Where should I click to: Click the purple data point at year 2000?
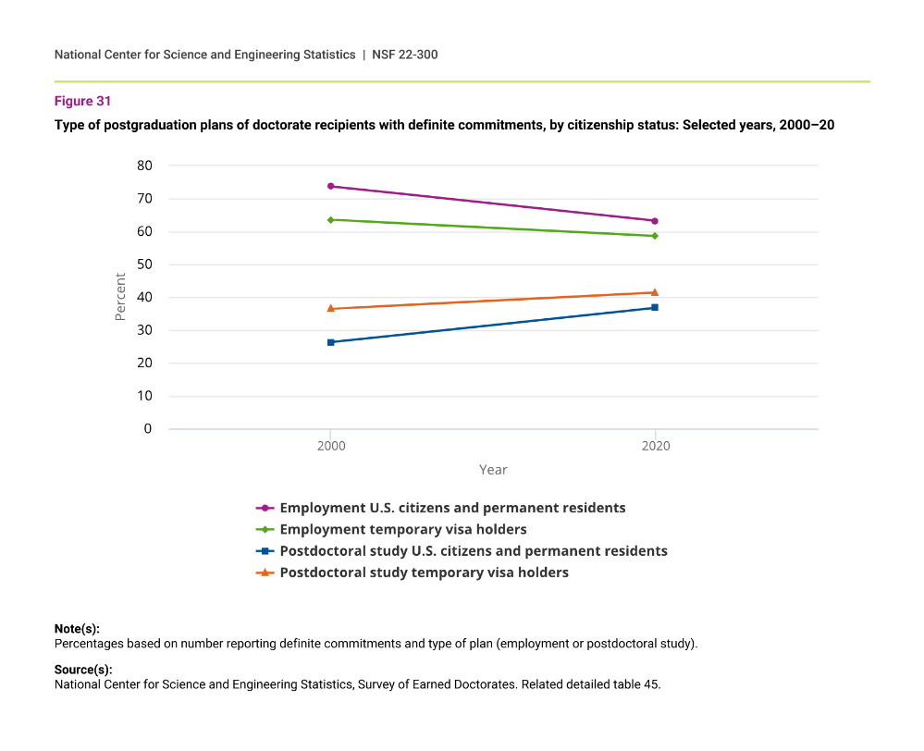point(330,186)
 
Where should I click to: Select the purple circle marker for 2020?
point(655,221)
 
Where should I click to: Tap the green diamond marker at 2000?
point(330,219)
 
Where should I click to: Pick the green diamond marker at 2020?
point(655,236)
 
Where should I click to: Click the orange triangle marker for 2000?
point(330,308)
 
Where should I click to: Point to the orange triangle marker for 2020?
point(655,292)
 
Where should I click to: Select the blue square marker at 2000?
point(330,342)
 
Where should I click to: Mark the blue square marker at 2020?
point(655,307)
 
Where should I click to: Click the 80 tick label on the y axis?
point(145,166)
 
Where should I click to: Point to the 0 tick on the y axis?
point(148,429)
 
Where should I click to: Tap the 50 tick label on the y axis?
point(145,265)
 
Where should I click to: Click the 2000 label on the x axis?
point(330,446)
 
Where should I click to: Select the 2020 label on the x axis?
point(655,446)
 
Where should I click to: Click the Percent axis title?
point(120,297)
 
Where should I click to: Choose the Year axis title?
point(493,470)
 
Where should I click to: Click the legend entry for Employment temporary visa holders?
point(402,529)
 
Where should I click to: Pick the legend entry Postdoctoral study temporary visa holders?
point(424,572)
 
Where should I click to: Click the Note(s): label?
point(77,629)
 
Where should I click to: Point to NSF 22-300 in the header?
point(405,55)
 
